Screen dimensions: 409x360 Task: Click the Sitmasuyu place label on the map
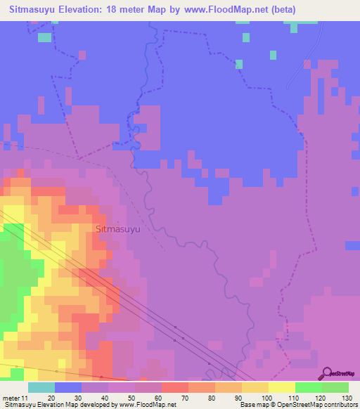[118, 229]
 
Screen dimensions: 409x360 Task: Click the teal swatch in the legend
[41, 387]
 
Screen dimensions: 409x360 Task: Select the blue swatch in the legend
[68, 387]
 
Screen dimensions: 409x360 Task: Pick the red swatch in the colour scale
[175, 387]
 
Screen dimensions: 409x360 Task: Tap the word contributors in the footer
[342, 405]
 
